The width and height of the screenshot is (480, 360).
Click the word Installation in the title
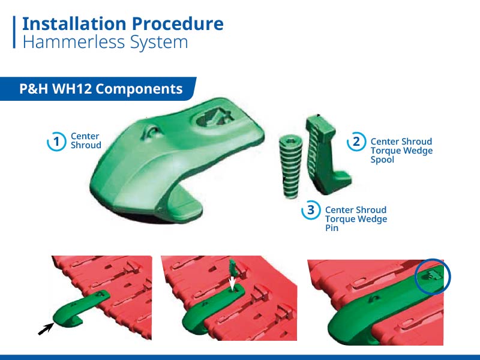coord(74,24)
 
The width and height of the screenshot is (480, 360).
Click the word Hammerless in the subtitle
coord(74,42)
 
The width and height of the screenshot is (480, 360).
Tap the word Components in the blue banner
coord(139,89)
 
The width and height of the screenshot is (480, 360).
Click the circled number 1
coord(56,142)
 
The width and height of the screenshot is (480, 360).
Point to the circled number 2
coord(356,142)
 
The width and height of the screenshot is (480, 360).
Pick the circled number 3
coord(311,210)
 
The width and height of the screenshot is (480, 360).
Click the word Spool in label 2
coord(382,160)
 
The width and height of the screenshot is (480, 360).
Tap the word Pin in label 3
coord(332,228)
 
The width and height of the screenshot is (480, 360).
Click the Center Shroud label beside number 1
coord(86,140)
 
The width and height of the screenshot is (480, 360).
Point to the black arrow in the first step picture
coord(46,329)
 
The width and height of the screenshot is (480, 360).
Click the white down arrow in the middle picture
coord(232,283)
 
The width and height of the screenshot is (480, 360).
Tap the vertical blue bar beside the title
coord(14,32)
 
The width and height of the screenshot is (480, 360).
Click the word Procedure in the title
coord(178,24)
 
